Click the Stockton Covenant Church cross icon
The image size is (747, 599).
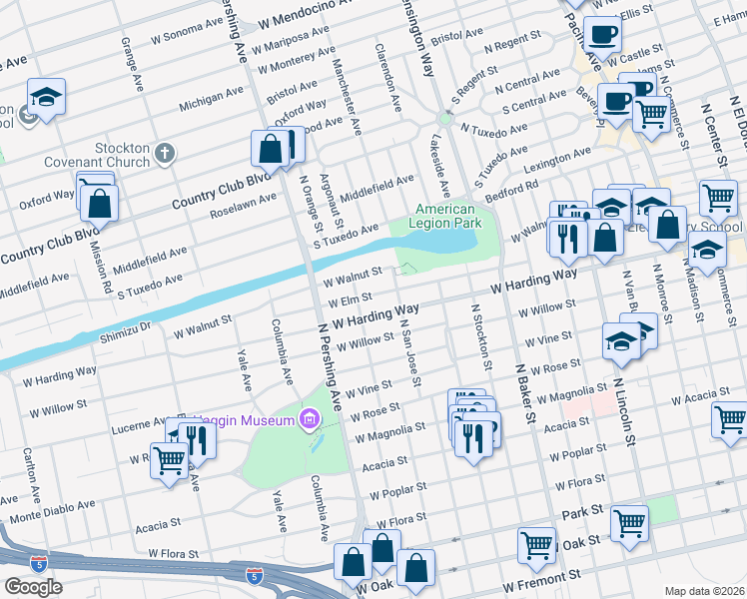(x=165, y=155)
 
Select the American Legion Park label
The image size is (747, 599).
(x=445, y=216)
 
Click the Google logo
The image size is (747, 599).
(x=33, y=587)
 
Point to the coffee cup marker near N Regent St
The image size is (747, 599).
(x=602, y=35)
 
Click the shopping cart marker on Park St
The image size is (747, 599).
(x=629, y=521)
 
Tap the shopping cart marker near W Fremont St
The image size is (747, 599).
(x=537, y=544)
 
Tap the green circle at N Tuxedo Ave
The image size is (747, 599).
(x=445, y=120)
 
